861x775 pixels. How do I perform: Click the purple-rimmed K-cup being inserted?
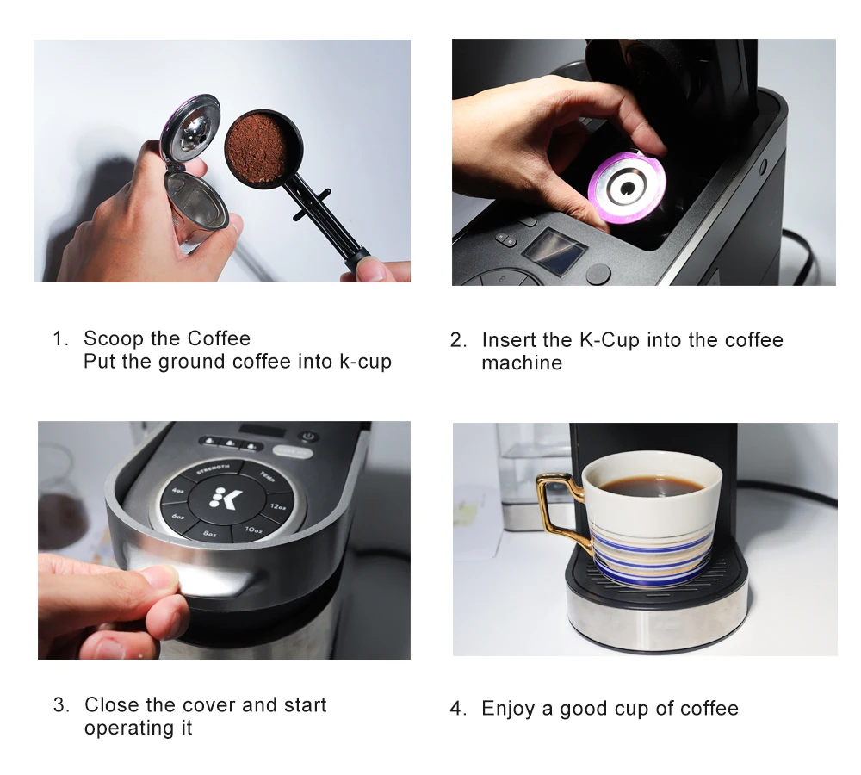628,189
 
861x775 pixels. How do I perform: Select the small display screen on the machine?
554,251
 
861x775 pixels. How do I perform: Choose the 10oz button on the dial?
254,530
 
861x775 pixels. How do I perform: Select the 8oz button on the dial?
208,533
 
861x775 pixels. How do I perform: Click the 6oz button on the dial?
177,516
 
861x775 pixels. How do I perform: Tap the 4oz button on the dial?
178,490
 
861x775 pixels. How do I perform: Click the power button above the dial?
309,437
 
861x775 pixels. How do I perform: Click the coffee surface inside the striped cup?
651,486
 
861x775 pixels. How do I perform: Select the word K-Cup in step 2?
610,340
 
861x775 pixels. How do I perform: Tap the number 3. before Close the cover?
61,704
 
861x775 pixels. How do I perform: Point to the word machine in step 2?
522,363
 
